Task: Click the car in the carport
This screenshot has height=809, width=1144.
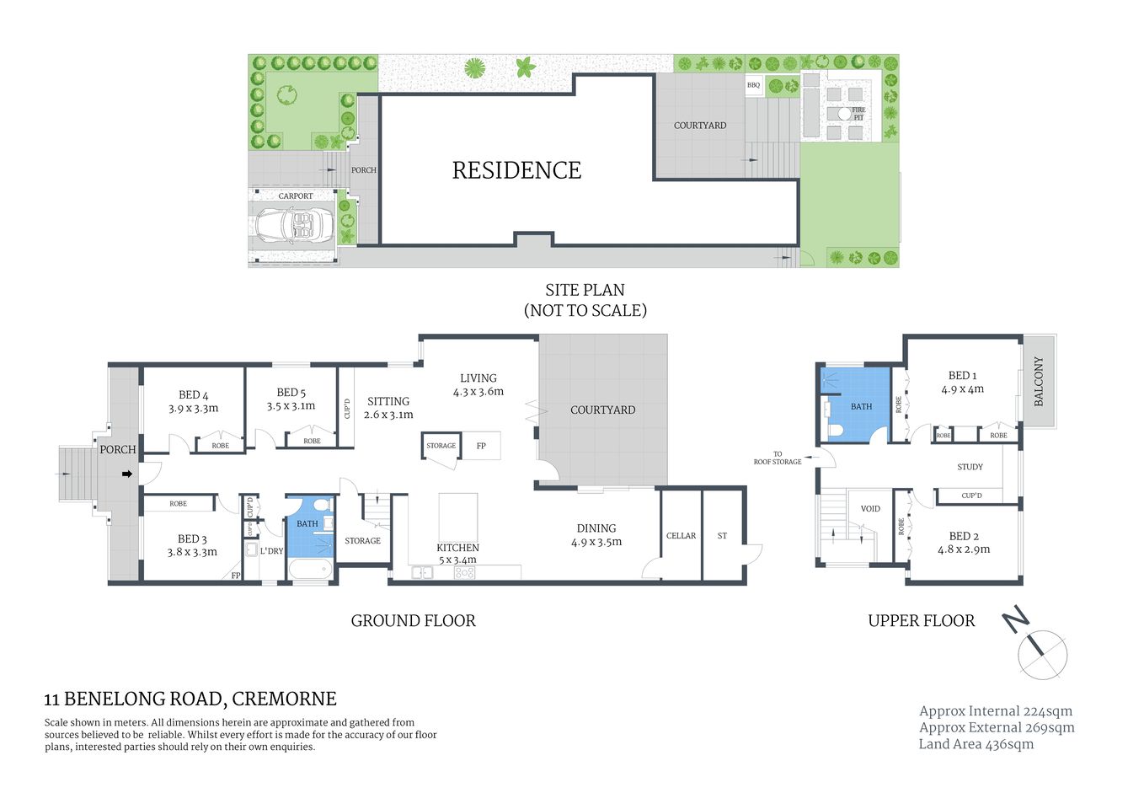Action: point(295,226)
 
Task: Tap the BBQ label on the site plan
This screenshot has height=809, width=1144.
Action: point(753,85)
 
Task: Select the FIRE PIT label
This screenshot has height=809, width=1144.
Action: point(858,114)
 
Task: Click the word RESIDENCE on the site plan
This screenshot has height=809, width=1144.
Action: point(516,170)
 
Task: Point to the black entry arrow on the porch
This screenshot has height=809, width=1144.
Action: point(127,474)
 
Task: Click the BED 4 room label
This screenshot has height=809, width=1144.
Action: point(193,394)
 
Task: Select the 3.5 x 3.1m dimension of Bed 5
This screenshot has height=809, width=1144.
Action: point(291,406)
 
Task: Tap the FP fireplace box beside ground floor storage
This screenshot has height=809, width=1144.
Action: point(481,446)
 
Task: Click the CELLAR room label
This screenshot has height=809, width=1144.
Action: point(681,536)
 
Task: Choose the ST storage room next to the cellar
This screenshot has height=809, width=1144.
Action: point(722,536)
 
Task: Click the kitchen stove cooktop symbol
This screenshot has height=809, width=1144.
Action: point(465,572)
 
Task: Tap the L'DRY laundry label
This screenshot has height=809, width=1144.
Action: point(271,551)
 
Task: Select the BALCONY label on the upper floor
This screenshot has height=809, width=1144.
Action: point(1039,381)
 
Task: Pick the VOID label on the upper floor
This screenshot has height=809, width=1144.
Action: point(870,509)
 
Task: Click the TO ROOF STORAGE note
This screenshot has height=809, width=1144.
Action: point(777,458)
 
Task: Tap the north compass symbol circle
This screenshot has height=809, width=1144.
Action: point(1043,654)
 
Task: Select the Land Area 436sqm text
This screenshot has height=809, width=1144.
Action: point(976,744)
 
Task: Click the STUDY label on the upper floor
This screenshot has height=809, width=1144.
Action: point(970,467)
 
